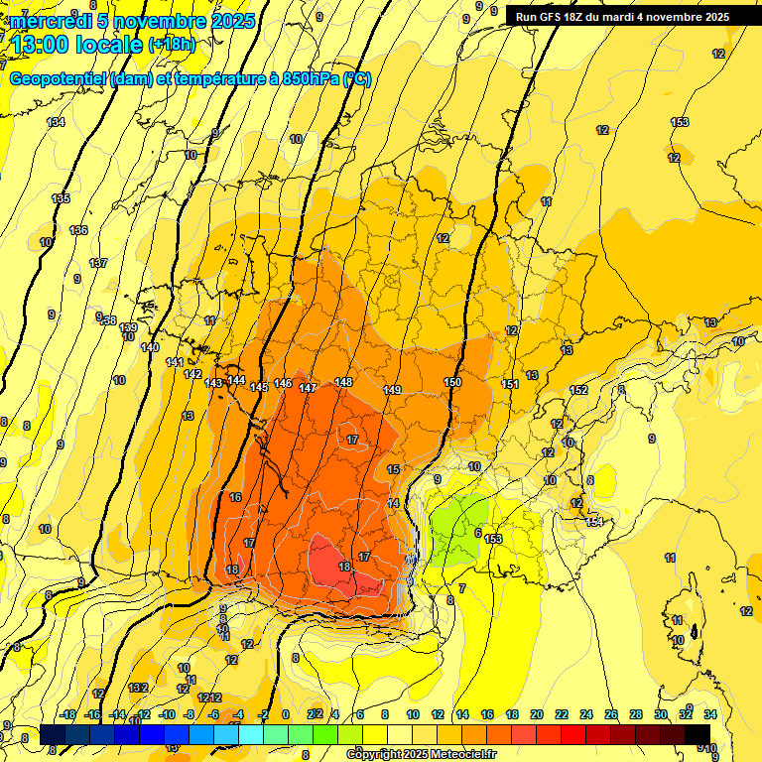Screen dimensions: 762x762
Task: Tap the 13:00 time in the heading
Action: coord(44,44)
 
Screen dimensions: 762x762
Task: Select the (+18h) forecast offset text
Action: coord(172,44)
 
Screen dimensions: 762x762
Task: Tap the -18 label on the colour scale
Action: coord(67,714)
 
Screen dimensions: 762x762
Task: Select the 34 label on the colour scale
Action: coord(710,714)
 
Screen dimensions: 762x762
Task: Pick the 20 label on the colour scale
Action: coord(536,714)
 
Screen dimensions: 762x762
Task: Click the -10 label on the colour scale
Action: coord(167,714)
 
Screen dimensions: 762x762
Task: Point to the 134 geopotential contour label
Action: coord(57,122)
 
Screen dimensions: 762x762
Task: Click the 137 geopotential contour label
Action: coord(97,263)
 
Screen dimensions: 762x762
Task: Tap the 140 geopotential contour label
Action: coord(150,347)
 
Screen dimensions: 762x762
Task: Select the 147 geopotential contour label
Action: coord(308,388)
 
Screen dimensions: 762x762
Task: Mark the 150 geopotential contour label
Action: coord(452,382)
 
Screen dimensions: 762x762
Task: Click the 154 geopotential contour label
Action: coord(594,522)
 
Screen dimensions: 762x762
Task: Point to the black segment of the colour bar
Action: coord(698,733)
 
